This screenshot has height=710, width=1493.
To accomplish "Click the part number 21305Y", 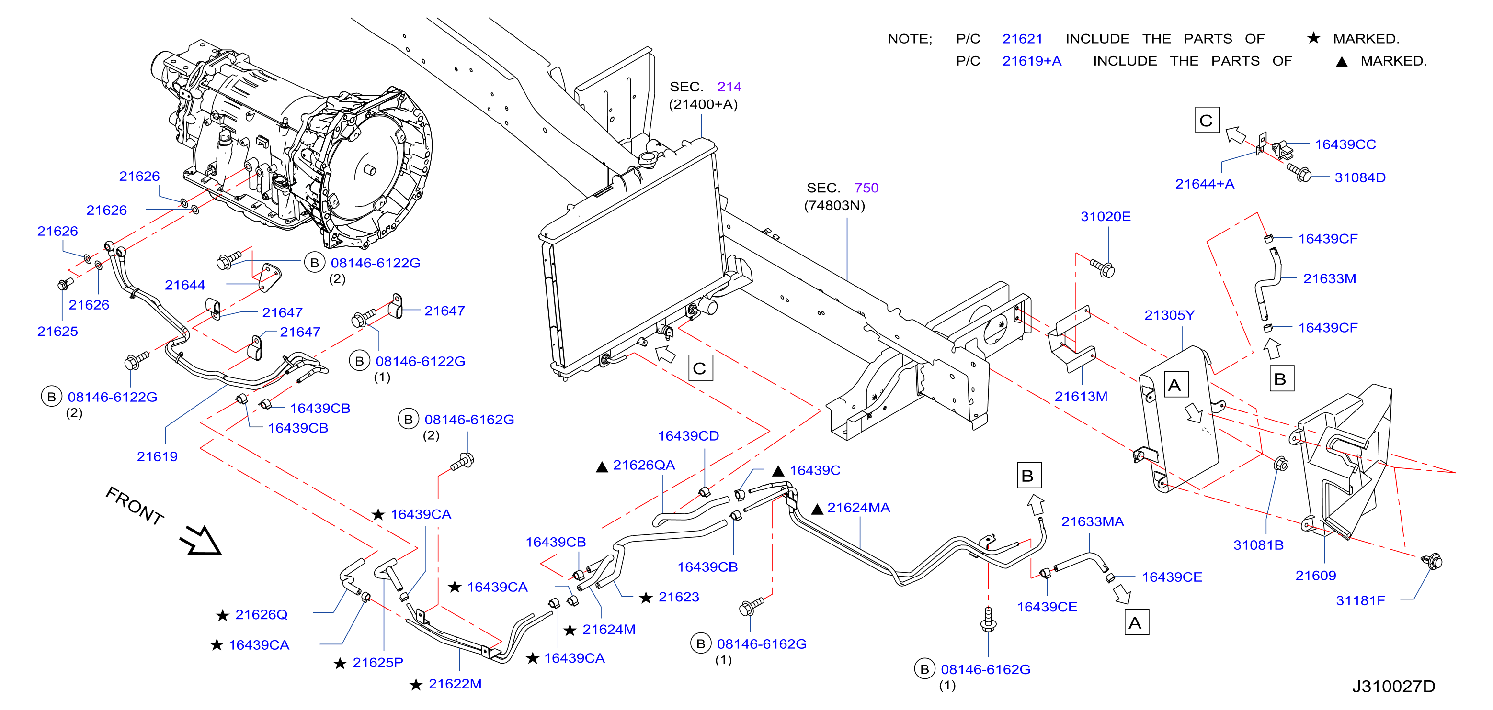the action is (1169, 315).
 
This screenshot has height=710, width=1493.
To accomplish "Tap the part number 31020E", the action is (1105, 217).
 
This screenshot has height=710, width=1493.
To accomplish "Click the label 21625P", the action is (378, 662).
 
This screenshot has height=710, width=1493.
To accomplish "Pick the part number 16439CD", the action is (688, 435).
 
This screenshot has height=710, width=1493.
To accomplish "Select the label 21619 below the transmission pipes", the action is (157, 456).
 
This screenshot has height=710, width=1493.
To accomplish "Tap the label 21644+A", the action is (1204, 184).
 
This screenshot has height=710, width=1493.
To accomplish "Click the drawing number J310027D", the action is (1393, 686).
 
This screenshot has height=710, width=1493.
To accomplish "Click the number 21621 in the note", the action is (1022, 39).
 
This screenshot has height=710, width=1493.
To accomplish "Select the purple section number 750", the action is (866, 188).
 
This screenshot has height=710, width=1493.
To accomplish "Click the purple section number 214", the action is (729, 87).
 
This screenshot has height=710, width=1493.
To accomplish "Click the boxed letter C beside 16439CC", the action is (1207, 120).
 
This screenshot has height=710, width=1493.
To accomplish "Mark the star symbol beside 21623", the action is (646, 598).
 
